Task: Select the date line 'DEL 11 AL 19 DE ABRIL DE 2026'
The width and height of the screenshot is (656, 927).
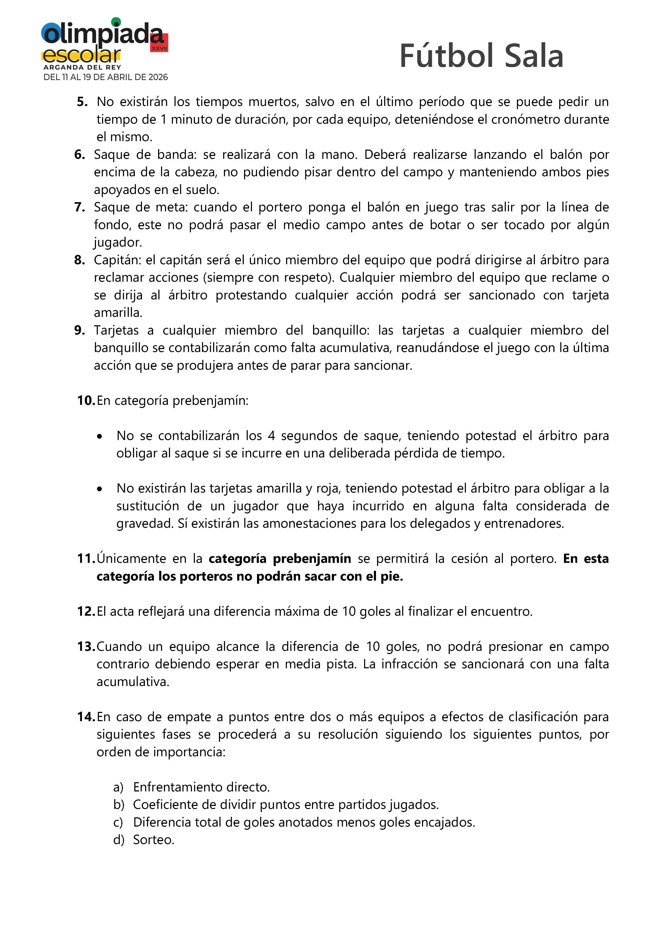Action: [x=105, y=77]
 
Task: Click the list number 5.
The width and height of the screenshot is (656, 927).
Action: [x=82, y=102]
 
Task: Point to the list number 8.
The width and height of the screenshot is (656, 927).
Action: [x=80, y=260]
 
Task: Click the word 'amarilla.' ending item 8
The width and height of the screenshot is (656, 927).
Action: [x=118, y=313]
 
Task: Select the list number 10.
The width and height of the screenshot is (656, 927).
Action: [x=86, y=401]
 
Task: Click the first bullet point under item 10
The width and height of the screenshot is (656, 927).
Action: [x=99, y=437]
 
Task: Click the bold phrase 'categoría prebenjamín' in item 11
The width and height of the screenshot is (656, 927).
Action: [x=279, y=559]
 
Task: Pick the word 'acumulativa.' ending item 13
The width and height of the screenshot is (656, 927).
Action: [x=132, y=682]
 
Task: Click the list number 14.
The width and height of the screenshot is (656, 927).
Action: [x=86, y=717]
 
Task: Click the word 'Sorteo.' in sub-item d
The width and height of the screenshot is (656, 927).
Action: [x=154, y=840]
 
